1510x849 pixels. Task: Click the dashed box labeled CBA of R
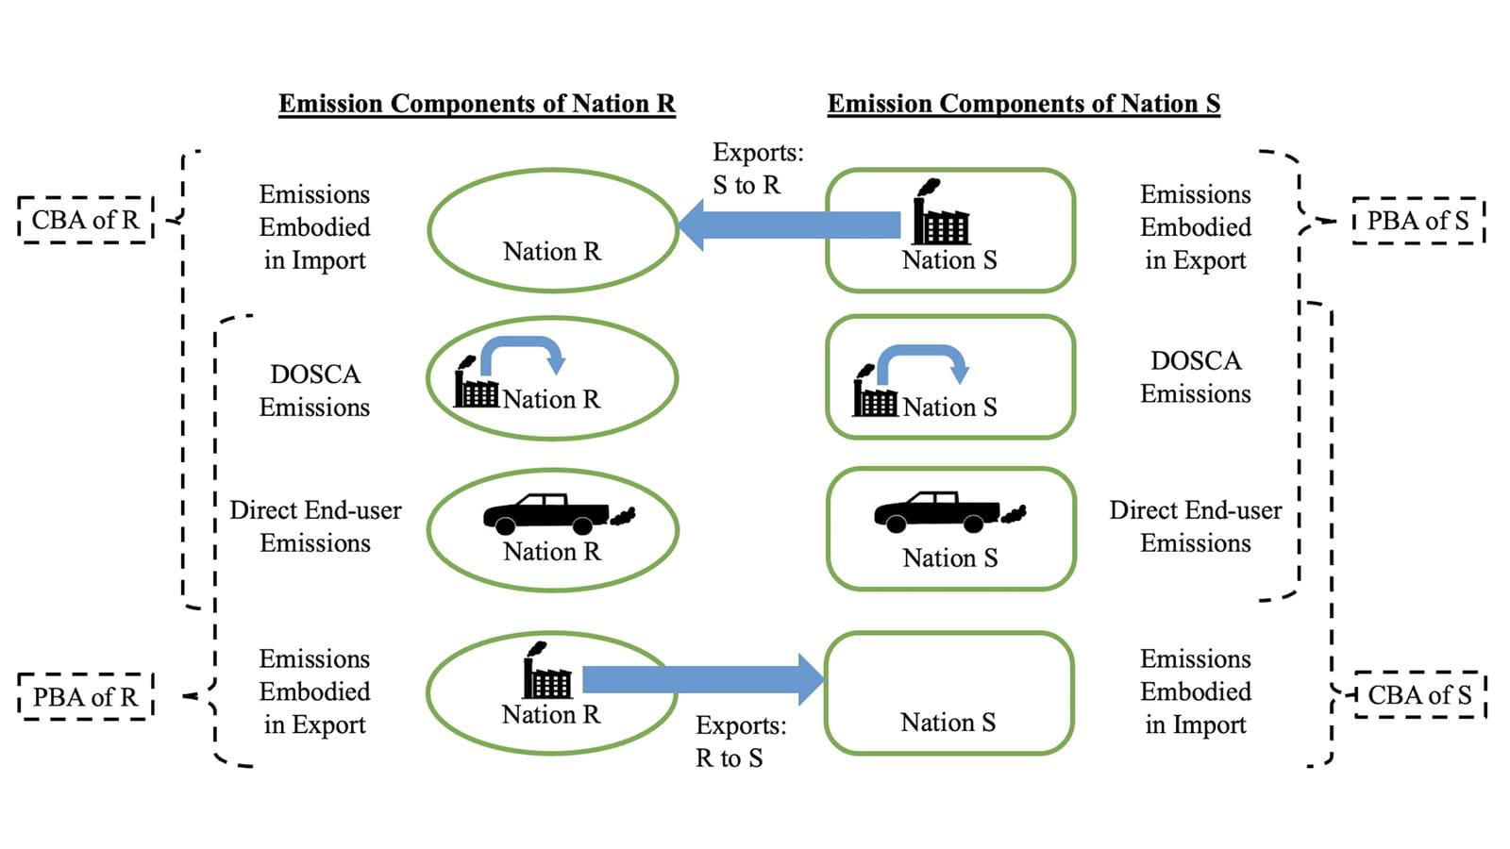[85, 220]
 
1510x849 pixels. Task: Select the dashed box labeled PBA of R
[85, 697]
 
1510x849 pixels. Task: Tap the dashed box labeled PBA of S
[1418, 221]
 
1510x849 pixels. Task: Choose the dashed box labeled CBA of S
[1419, 695]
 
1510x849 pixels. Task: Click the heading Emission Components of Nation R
[477, 104]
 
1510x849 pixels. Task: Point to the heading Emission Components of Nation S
[1023, 104]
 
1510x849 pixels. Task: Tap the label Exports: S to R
[757, 169]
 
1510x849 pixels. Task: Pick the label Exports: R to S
[740, 741]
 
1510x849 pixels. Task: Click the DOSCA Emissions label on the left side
[314, 391]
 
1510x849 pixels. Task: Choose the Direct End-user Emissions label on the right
[1195, 526]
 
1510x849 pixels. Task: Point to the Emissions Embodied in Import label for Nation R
[314, 227]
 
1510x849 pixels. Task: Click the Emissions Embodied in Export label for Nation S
[1195, 227]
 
